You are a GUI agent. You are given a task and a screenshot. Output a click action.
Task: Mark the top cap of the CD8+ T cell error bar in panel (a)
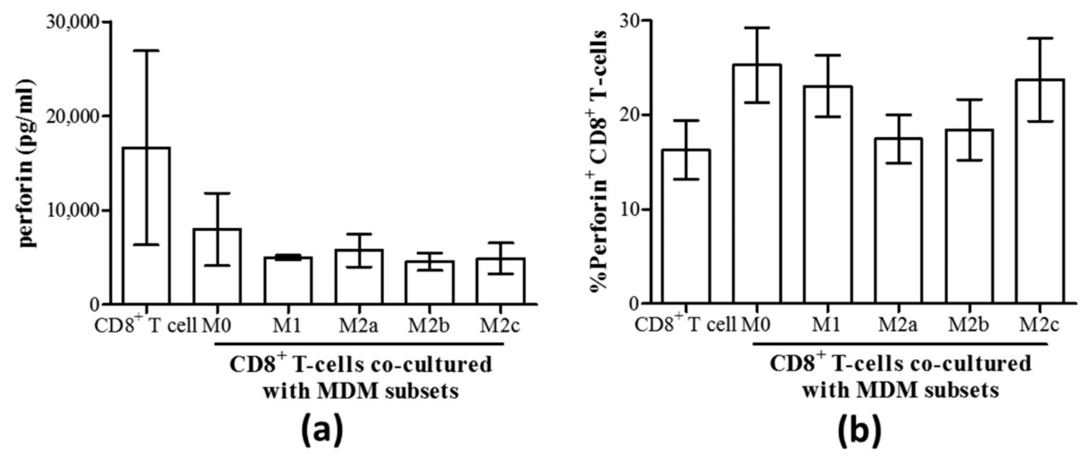pos(146,51)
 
